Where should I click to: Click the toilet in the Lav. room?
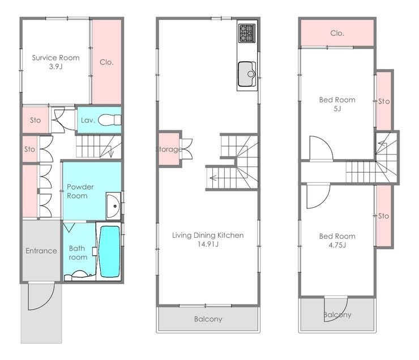(109, 120)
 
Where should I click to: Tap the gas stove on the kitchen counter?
(247, 33)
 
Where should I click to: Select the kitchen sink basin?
(247, 74)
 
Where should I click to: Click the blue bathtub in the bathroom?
(109, 251)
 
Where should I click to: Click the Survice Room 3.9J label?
(55, 62)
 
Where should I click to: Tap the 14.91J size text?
(208, 244)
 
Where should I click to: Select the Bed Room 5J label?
(337, 104)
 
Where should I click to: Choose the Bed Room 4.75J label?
(337, 241)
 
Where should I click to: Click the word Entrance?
(41, 251)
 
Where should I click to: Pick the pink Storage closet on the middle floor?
(169, 149)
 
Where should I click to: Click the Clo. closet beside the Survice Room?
(106, 62)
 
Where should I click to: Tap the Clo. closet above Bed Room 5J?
(337, 33)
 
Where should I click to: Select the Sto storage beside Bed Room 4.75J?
(384, 216)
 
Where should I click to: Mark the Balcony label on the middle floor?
(208, 319)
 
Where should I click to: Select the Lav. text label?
(88, 120)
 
